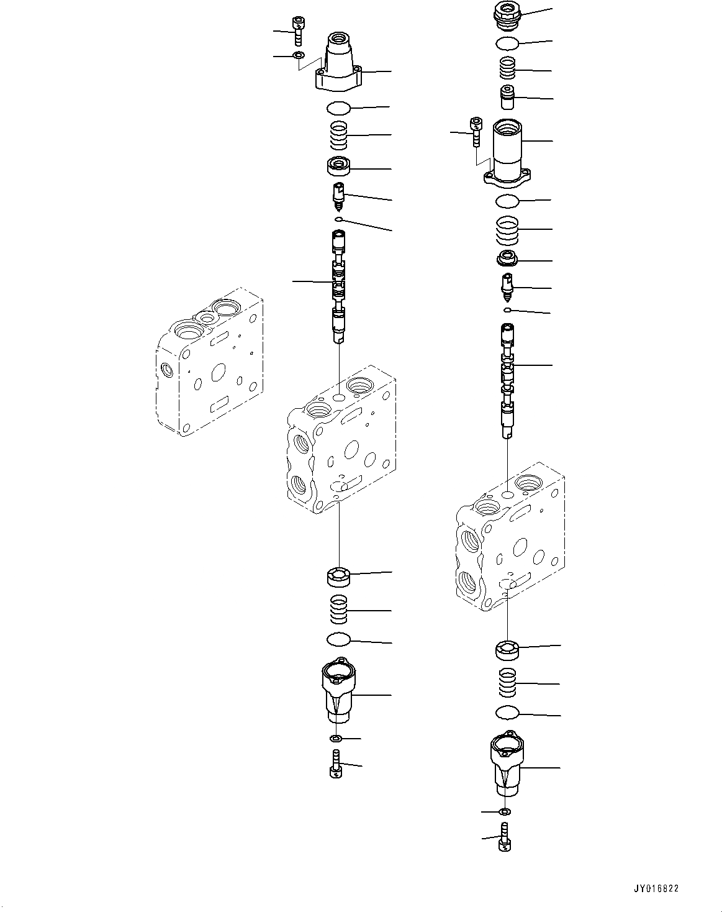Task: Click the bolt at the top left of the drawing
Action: [298, 31]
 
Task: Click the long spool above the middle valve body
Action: [339, 286]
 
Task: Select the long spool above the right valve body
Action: [507, 381]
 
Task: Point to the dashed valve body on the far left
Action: [210, 362]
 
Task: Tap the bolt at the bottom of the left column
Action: [336, 764]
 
